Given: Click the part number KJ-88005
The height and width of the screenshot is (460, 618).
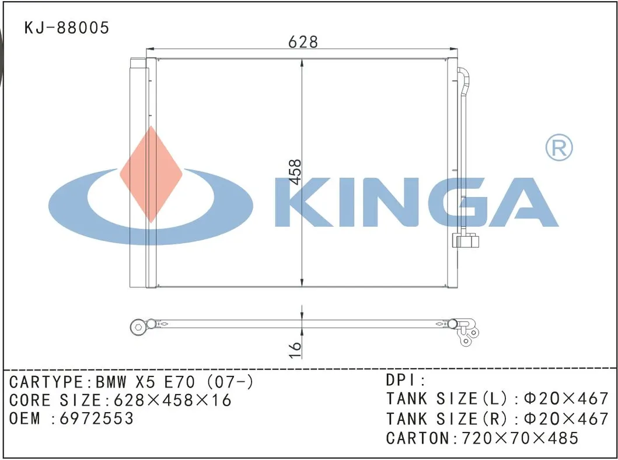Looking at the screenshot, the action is click(x=67, y=27).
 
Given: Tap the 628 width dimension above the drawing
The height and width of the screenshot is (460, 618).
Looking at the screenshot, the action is click(x=303, y=41).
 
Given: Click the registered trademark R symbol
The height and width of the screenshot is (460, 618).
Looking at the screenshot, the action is click(x=559, y=148).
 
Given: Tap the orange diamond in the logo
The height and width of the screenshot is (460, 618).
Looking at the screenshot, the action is click(x=151, y=174).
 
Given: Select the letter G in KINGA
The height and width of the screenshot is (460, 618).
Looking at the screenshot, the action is click(x=455, y=202).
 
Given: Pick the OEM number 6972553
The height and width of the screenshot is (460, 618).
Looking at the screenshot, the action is click(x=96, y=418).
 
